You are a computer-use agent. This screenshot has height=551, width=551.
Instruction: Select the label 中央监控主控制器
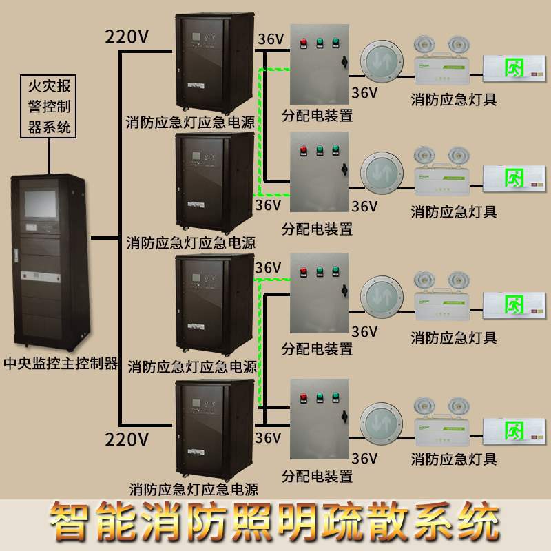61,363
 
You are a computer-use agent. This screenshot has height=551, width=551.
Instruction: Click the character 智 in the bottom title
70,523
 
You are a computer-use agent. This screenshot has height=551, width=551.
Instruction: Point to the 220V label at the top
127,36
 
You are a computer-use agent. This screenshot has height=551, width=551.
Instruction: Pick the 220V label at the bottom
127,438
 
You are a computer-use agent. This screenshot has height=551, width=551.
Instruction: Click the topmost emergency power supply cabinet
214,62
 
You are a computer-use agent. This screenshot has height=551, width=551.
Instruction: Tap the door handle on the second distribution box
342,167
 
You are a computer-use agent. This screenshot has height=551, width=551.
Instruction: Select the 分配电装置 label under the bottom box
318,476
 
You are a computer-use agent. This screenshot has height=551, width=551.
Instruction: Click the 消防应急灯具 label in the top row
453,99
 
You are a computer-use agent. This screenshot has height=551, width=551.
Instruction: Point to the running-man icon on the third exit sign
513,302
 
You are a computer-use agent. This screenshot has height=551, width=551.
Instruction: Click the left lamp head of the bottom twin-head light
422,406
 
